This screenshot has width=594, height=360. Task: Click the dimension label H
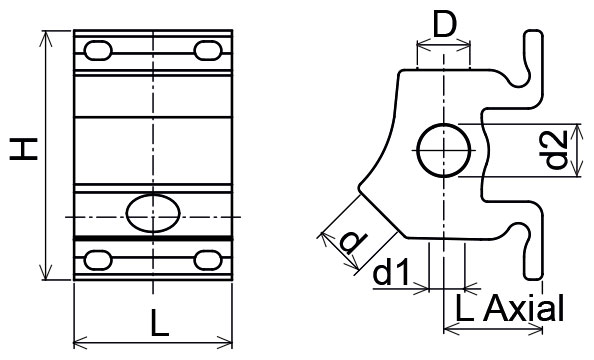click(x=23, y=149)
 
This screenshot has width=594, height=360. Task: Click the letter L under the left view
click(x=159, y=323)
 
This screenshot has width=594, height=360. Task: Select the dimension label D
click(x=444, y=26)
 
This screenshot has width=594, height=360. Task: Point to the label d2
click(x=556, y=149)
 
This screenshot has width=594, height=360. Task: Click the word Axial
click(x=524, y=308)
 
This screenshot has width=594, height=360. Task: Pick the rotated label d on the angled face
click(x=353, y=244)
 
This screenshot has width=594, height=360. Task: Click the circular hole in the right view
click(x=444, y=150)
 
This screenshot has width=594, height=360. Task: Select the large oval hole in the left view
click(x=153, y=213)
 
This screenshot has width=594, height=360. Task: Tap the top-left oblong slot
click(x=98, y=50)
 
